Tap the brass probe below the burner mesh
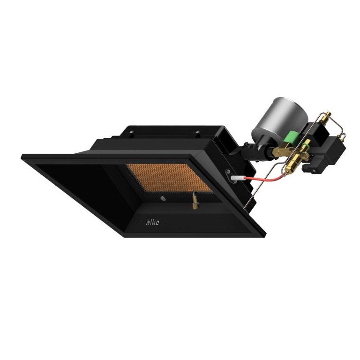tap(193, 203)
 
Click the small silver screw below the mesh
tap(162, 198)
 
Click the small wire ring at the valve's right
tap(344, 135)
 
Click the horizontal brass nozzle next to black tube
tap(279, 151)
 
